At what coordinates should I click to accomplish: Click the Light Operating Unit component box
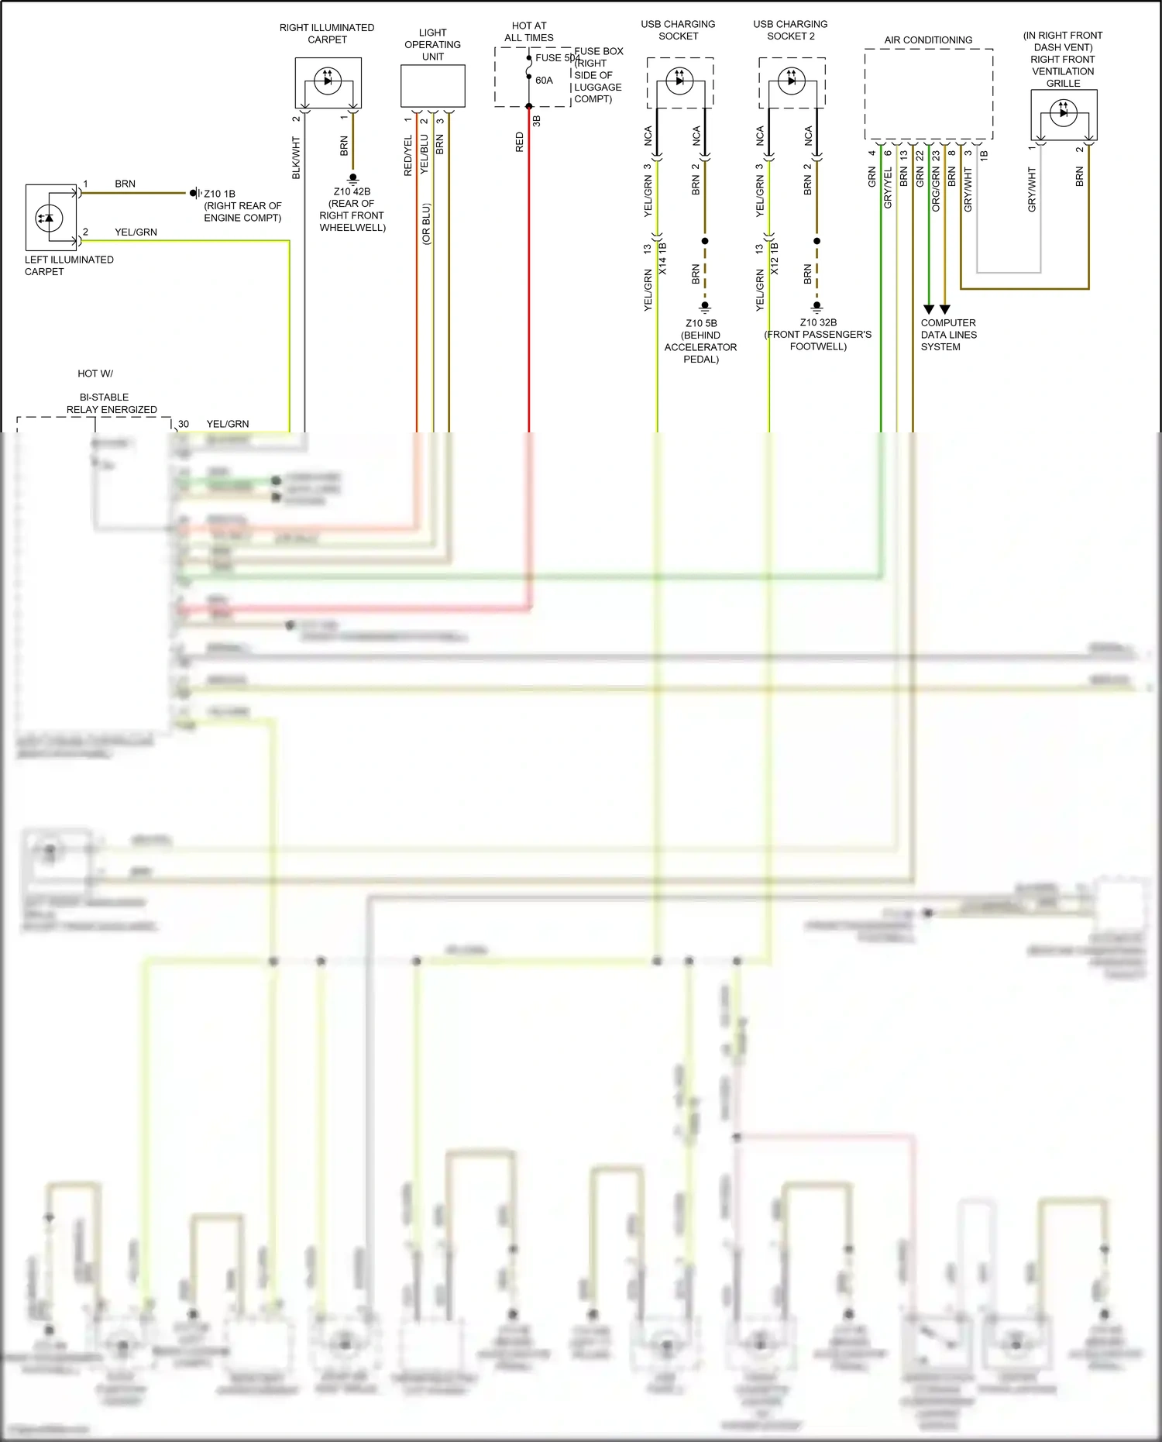(x=432, y=85)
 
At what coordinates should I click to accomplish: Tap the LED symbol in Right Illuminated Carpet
(x=328, y=81)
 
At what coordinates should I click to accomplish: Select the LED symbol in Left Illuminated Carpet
(x=49, y=218)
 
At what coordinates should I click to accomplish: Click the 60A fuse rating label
(x=544, y=81)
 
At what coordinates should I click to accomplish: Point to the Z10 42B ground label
(x=352, y=191)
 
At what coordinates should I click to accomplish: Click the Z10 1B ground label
(x=219, y=194)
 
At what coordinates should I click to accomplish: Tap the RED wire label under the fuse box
(x=520, y=142)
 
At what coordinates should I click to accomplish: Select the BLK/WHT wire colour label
(x=296, y=158)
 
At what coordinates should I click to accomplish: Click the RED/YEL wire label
(x=408, y=156)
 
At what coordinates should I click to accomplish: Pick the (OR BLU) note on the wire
(x=426, y=224)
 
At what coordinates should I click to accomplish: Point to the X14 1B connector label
(x=662, y=259)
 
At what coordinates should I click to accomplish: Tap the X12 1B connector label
(x=775, y=259)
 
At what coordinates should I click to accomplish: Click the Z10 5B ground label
(x=701, y=323)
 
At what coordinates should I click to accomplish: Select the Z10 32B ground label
(x=818, y=322)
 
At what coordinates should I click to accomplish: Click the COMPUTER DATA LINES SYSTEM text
(x=948, y=335)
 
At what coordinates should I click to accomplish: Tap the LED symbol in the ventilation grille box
(x=1063, y=112)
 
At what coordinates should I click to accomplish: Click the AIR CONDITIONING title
(x=928, y=40)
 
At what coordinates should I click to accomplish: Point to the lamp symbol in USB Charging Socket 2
(x=791, y=81)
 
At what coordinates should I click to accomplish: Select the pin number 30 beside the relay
(x=184, y=424)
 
